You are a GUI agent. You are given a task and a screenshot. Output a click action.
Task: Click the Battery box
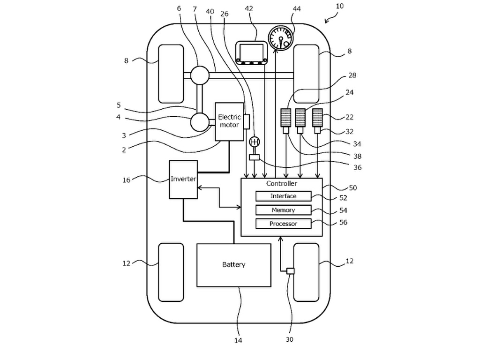tap(233, 265)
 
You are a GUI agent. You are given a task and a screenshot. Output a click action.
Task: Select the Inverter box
tap(183, 180)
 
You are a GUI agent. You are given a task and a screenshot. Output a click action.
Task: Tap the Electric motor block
tap(229, 121)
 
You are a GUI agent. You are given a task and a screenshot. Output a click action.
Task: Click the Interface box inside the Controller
tap(283, 196)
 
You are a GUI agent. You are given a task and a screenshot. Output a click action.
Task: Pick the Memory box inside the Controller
tap(283, 210)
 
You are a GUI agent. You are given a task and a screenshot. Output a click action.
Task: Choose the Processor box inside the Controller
tap(283, 224)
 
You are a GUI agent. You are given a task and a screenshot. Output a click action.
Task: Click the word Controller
tap(281, 184)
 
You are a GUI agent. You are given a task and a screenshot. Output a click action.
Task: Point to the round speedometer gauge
tap(281, 38)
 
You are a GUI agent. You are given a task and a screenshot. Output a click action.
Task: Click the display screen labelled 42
tap(251, 53)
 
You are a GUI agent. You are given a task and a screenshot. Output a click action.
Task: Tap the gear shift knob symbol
tap(255, 142)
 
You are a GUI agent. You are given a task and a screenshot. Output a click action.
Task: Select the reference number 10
tap(340, 6)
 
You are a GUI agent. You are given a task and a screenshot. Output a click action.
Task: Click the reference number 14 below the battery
tap(238, 340)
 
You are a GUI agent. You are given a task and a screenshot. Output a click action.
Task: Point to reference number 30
tap(289, 339)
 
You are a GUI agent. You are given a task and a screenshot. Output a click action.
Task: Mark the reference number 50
tap(352, 187)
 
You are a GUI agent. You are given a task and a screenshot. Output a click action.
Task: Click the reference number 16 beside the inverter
tap(127, 180)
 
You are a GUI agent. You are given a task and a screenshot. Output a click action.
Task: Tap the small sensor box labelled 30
tap(291, 271)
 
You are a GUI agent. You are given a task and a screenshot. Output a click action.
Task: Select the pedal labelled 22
tap(317, 118)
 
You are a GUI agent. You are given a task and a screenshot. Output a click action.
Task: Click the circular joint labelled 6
tap(200, 75)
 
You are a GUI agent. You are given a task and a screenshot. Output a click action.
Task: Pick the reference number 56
tap(344, 222)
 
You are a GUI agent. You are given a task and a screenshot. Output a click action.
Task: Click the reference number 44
tap(297, 9)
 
